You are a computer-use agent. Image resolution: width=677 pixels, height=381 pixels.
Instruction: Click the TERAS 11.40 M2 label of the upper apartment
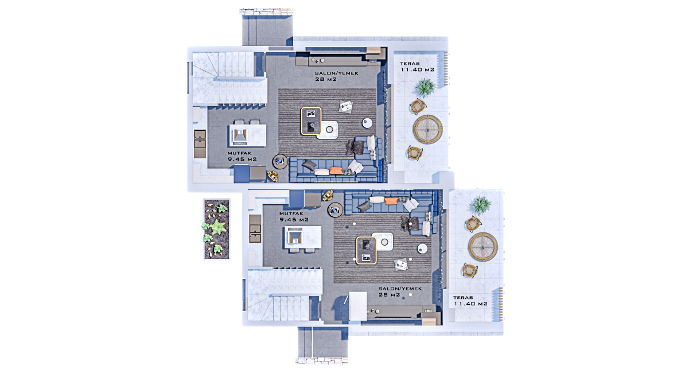[417, 67]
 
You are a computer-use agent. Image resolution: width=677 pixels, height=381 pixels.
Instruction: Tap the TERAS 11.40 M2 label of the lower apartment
[470, 301]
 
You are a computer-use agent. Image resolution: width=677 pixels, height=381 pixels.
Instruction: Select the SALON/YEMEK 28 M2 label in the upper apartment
[336, 76]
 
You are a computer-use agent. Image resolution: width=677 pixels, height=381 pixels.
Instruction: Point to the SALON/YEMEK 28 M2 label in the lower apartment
[400, 291]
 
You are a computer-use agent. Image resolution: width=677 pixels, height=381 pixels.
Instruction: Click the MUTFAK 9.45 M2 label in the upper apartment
[242, 157]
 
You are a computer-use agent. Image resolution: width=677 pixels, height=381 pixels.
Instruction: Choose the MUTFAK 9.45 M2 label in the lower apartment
[294, 216]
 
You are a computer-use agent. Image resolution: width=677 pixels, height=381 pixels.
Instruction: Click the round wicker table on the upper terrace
[427, 129]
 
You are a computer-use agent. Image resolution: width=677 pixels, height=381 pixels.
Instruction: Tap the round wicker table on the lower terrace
[483, 247]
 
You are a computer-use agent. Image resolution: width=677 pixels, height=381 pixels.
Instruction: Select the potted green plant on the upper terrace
[425, 87]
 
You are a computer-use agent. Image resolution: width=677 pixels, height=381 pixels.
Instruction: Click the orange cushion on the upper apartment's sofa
[336, 170]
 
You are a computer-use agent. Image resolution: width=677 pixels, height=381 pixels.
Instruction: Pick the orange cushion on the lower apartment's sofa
[390, 201]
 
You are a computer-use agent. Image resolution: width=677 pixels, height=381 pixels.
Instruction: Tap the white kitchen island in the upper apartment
[247, 135]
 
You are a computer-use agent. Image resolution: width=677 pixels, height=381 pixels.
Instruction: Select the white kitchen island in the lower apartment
[303, 237]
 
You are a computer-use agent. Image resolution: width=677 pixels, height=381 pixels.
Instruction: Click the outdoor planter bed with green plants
[217, 229]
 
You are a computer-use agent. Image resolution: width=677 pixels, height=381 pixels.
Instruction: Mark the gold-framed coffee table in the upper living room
[311, 121]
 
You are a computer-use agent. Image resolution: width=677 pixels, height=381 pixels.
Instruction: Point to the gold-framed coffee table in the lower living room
[366, 251]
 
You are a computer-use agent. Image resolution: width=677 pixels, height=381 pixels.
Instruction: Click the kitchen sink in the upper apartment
[200, 139]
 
